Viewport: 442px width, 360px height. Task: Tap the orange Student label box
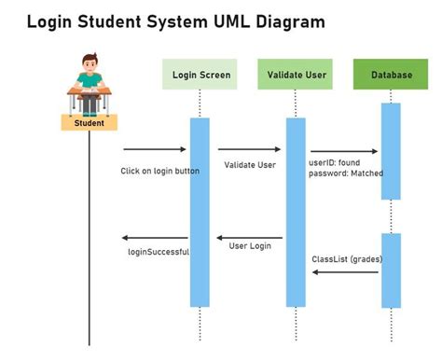click(89, 122)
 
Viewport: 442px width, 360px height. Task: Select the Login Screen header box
click(201, 74)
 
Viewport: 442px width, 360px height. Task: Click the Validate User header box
click(295, 74)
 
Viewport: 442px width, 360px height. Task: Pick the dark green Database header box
click(391, 74)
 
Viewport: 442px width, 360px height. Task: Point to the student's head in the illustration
click(90, 65)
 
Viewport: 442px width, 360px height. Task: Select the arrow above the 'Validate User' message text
click(249, 149)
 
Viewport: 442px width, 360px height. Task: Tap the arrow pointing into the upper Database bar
click(344, 152)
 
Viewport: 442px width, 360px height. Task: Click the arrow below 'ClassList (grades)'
click(345, 271)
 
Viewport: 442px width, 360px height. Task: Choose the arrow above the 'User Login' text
click(250, 238)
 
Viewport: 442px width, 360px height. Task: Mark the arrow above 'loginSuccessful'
click(155, 238)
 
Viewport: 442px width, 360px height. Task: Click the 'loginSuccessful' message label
click(159, 252)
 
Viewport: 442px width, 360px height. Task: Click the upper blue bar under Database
click(391, 149)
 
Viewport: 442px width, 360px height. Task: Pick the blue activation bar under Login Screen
click(200, 212)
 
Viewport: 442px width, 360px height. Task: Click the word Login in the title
click(53, 20)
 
